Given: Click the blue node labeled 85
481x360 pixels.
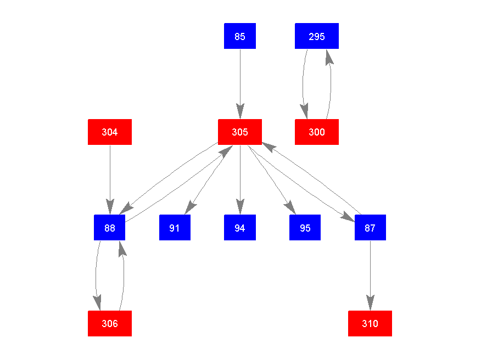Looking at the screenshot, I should point(240,36).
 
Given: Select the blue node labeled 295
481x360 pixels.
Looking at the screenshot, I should point(317,36).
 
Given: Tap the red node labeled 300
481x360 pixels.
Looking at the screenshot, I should point(317,132).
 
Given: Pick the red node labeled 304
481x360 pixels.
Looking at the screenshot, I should point(110,132).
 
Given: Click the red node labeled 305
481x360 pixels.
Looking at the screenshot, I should point(240,132).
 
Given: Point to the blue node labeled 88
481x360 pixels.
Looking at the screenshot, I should point(110,228).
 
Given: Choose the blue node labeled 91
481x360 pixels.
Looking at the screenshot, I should point(175,228).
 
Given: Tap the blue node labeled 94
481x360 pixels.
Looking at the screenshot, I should point(240,228).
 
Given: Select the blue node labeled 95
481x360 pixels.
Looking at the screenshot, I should point(305,228).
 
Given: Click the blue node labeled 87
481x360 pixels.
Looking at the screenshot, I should point(370,228).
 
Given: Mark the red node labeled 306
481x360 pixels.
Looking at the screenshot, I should point(110,323).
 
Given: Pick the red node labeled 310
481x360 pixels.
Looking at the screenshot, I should point(370,323).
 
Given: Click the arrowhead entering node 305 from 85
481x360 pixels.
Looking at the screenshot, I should point(240,112).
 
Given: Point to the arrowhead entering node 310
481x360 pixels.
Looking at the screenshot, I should point(370,303).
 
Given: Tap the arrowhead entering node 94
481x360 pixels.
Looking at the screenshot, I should point(240,207).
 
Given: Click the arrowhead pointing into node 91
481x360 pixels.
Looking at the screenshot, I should point(189,207).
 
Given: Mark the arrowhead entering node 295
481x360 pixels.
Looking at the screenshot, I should point(328,56).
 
